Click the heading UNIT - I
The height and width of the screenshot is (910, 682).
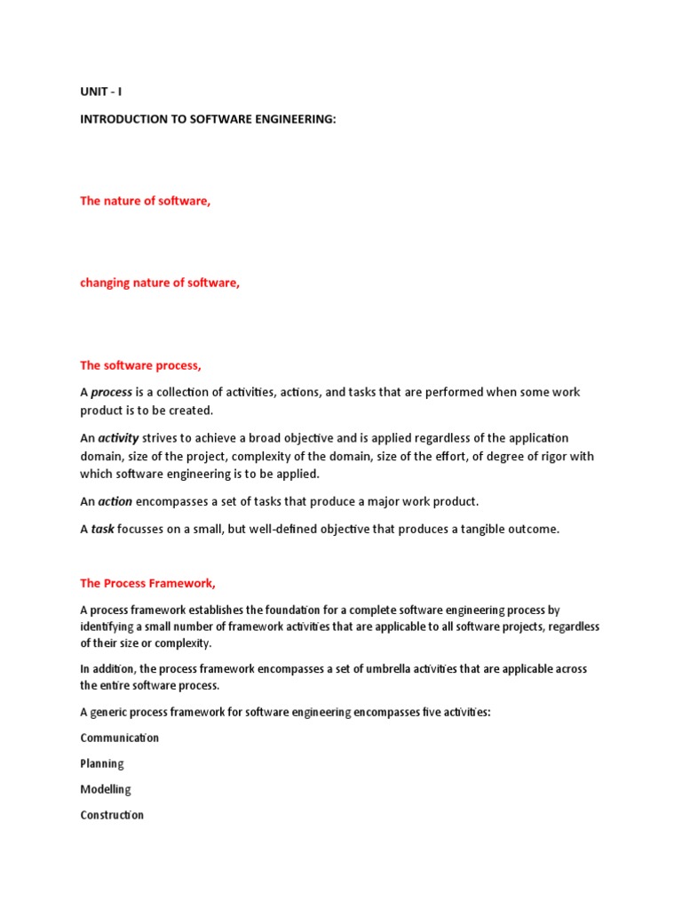point(101,92)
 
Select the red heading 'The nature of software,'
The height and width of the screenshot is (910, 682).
point(146,201)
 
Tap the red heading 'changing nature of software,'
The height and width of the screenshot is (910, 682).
point(160,283)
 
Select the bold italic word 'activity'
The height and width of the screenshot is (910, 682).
point(119,438)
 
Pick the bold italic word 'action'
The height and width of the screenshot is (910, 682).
point(115,501)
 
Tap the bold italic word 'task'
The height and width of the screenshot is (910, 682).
point(103,529)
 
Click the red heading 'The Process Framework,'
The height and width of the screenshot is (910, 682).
point(147,584)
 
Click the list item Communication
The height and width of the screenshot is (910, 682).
point(120,738)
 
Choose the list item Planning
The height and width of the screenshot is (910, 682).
point(102,763)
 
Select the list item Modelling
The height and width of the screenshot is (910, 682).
point(106,789)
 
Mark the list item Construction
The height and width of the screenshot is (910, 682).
point(112,815)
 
